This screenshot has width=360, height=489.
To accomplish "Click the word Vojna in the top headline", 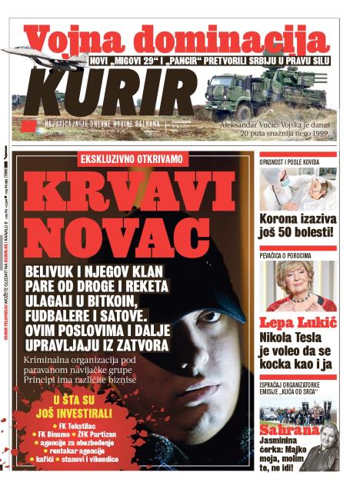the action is [72, 38].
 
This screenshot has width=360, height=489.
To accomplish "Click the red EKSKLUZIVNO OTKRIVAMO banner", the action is [132, 159].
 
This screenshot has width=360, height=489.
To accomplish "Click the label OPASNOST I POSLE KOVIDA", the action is [292, 163].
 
